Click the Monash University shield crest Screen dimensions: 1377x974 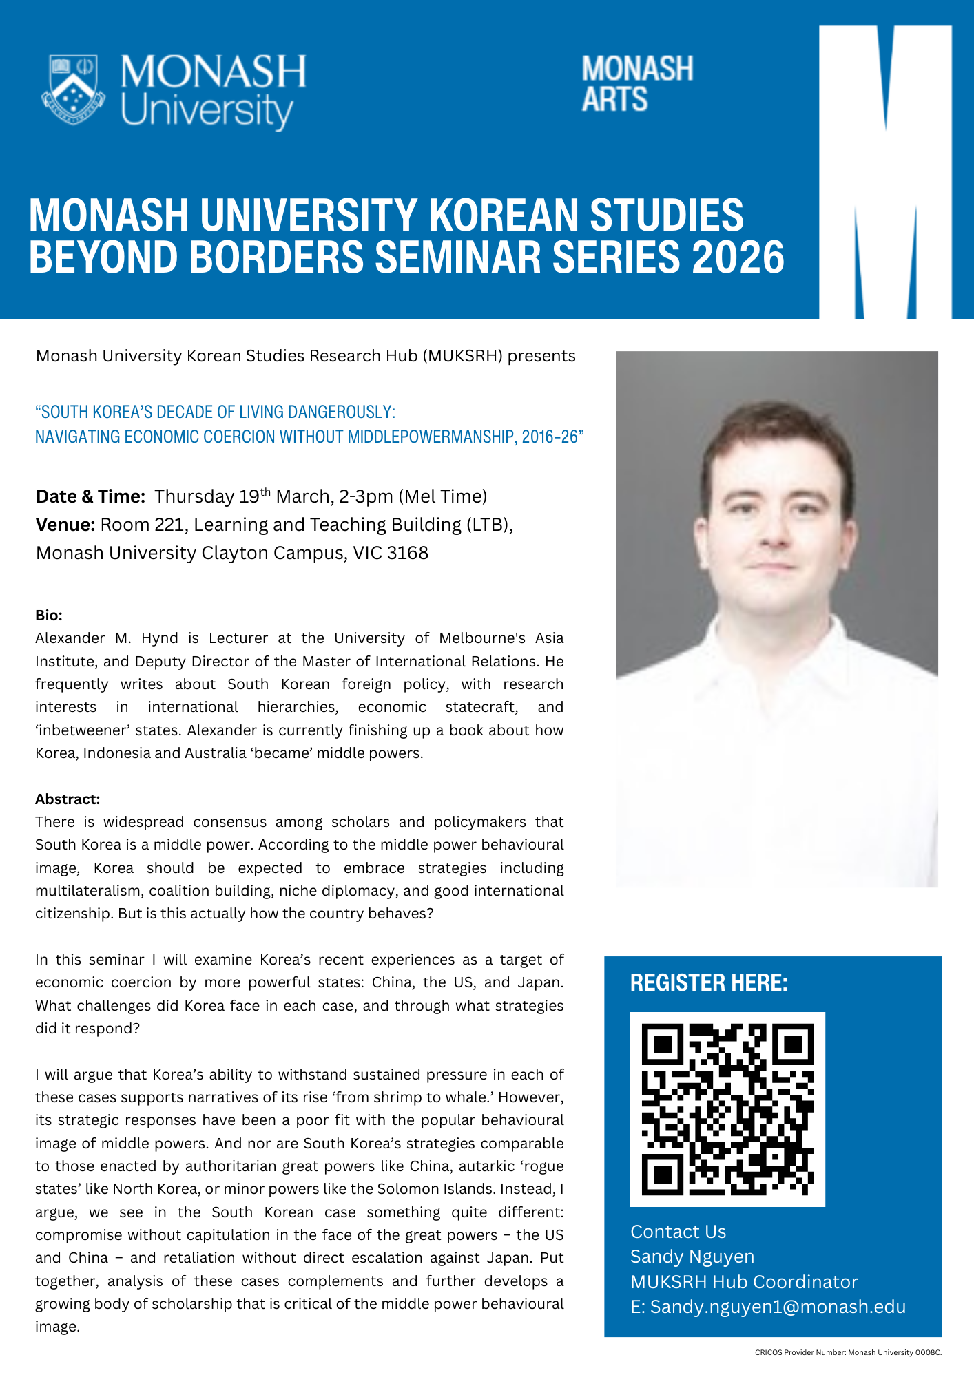tap(73, 90)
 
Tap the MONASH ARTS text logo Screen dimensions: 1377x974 tap(636, 84)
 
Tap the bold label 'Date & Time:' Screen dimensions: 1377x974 tap(90, 496)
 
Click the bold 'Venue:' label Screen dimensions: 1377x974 tap(65, 525)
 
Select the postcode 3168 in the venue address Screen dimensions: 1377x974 tap(407, 553)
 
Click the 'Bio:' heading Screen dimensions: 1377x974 tap(49, 615)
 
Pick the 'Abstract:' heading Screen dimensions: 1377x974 tap(68, 799)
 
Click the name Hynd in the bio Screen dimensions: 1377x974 tap(160, 638)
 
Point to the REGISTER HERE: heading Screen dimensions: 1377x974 tap(709, 982)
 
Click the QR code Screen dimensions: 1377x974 tap(727, 1109)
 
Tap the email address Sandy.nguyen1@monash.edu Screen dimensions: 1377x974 tap(778, 1307)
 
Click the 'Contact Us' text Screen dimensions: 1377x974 tap(678, 1232)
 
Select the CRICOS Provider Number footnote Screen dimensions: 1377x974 tap(847, 1353)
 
